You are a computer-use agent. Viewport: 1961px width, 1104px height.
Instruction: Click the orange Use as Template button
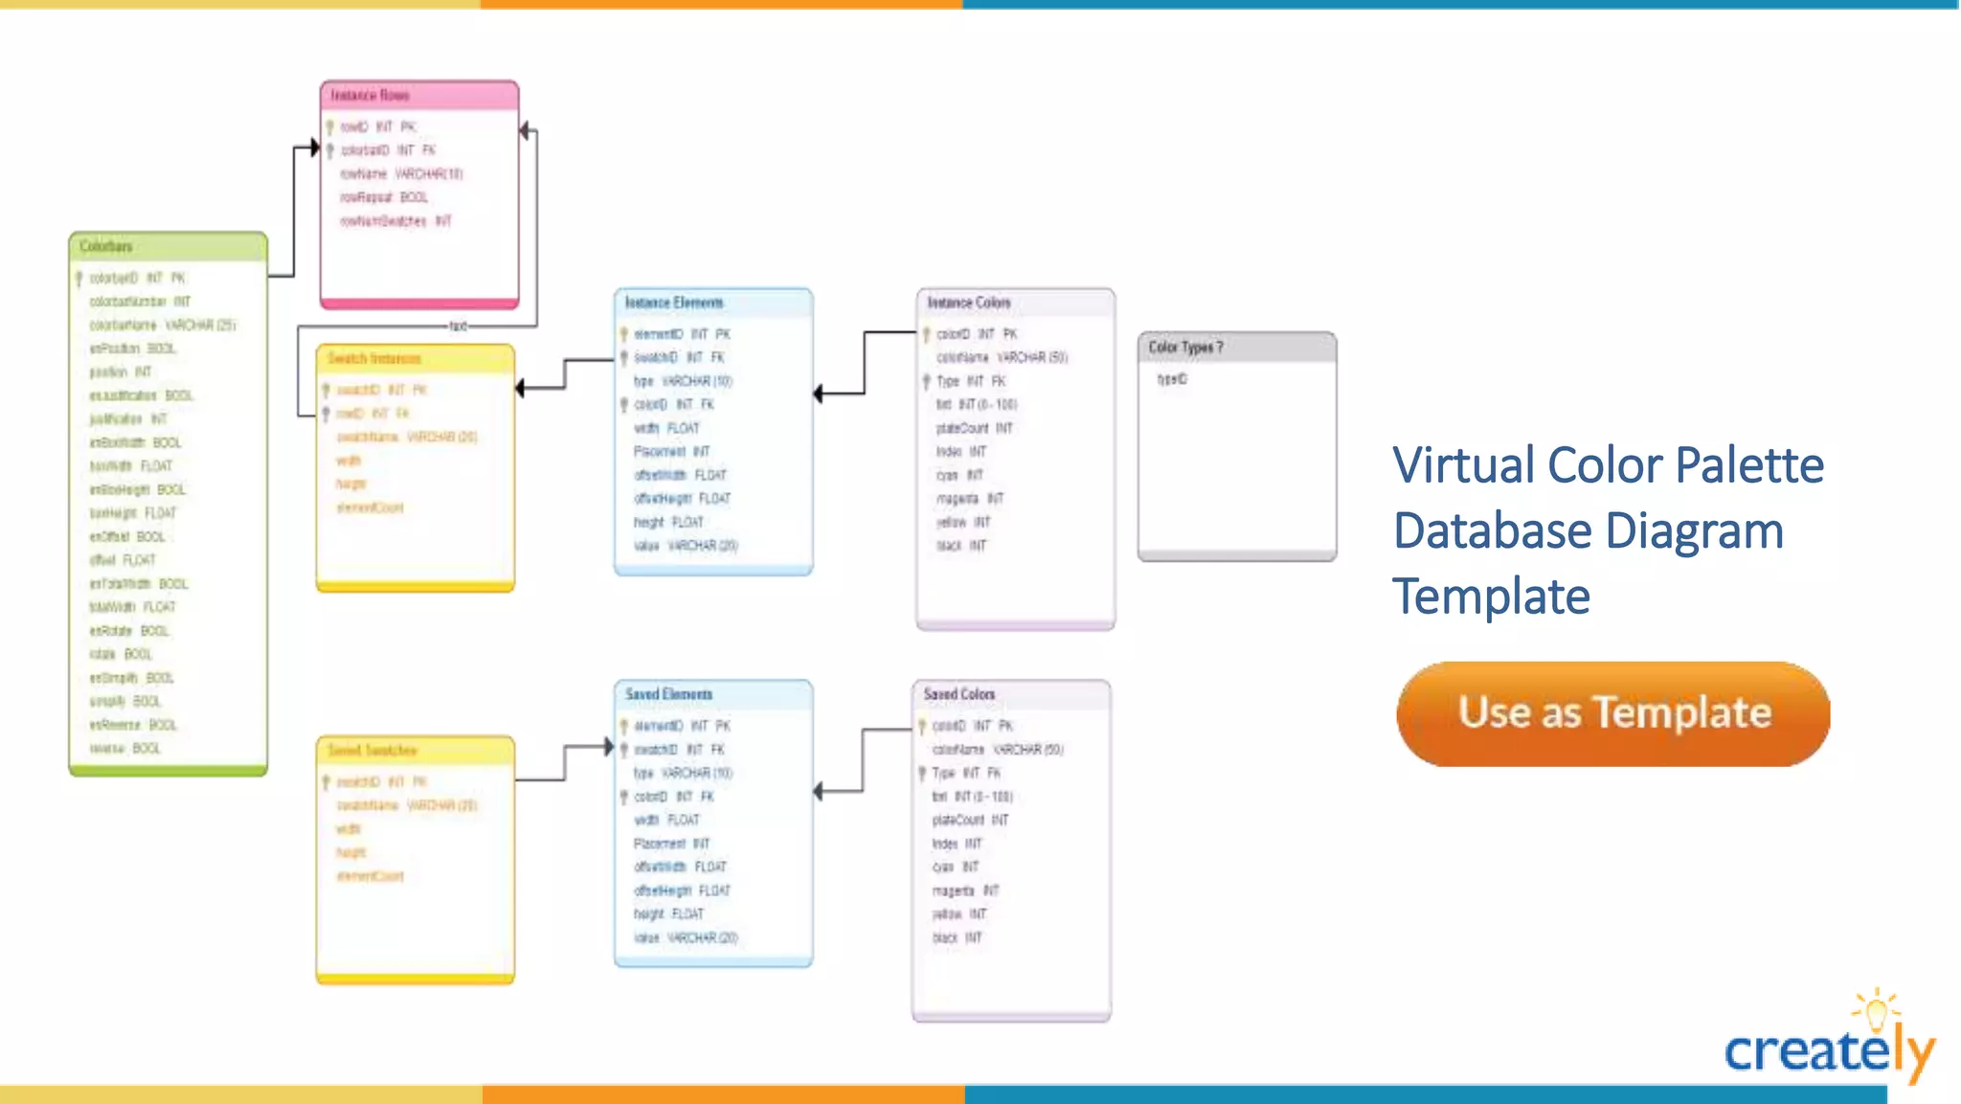(x=1612, y=713)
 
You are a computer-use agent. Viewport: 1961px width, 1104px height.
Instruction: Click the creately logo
(x=1829, y=1044)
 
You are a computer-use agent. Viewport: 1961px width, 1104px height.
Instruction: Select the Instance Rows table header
(x=419, y=96)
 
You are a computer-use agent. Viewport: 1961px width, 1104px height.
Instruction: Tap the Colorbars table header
(x=168, y=247)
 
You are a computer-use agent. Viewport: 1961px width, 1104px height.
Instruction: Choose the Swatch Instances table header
(x=415, y=359)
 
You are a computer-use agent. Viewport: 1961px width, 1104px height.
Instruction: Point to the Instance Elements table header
(x=713, y=304)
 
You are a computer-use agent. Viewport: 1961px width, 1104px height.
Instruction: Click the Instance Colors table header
(x=1015, y=304)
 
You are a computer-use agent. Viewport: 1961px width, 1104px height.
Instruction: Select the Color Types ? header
(x=1236, y=348)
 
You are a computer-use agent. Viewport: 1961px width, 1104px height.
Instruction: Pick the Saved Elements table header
(x=713, y=695)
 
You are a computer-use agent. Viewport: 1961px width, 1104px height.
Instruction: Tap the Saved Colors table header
(x=1011, y=695)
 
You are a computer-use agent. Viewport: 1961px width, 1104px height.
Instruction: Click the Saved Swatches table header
(x=415, y=751)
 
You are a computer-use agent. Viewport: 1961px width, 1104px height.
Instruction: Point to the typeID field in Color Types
(x=1172, y=379)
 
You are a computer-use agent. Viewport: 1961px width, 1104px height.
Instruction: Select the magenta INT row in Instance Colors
(x=969, y=499)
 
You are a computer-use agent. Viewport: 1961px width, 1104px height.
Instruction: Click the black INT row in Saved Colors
(x=957, y=938)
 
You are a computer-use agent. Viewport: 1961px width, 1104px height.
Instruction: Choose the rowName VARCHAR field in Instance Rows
(x=401, y=174)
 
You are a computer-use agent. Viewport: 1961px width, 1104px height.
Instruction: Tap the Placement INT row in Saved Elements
(x=671, y=844)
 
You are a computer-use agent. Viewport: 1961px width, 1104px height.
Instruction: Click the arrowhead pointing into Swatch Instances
(x=520, y=388)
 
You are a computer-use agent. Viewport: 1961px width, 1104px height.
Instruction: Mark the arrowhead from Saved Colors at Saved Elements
(x=818, y=792)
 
